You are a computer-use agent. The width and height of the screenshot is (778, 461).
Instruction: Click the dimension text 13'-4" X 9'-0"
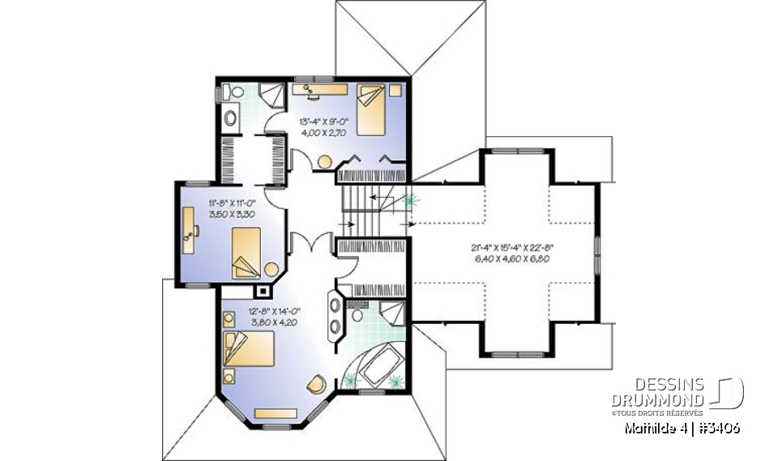click(322, 122)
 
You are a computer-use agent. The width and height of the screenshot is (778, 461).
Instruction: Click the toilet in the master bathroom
click(357, 314)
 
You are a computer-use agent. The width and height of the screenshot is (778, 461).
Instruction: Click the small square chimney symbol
click(263, 288)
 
